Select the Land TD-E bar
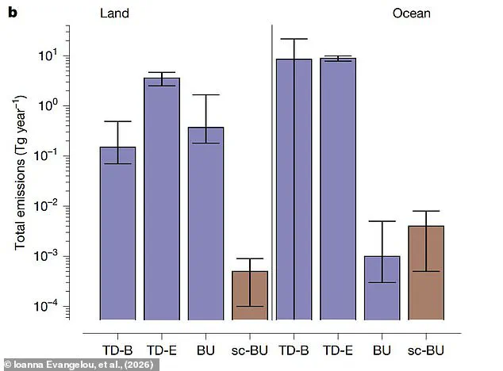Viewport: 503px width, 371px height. tap(161, 198)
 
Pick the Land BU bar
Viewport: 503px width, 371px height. tap(205, 223)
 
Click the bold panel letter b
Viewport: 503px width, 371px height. tap(12, 13)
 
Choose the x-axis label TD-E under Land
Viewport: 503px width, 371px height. tap(161, 350)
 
